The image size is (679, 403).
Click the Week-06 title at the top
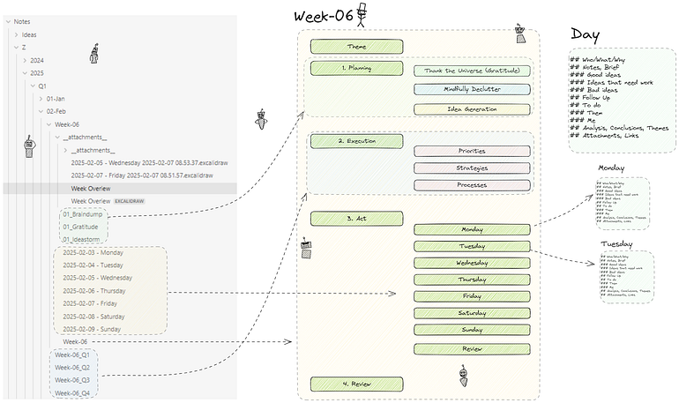[324, 18]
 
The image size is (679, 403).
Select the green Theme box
[356, 46]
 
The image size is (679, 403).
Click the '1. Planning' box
[356, 69]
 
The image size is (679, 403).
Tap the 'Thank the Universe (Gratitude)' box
[472, 71]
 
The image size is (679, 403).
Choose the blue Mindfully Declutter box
[472, 89]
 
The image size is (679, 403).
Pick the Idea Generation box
[472, 109]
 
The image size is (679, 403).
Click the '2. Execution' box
[356, 141]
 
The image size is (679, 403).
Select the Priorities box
[472, 151]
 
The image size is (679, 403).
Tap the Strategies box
[472, 168]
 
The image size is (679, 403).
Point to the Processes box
[472, 185]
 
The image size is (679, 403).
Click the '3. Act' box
[356, 218]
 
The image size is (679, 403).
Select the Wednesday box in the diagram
[472, 263]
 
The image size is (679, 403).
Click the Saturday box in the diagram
[472, 313]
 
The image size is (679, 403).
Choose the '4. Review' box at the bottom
[356, 384]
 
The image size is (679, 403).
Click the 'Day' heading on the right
[586, 34]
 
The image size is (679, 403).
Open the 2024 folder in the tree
[37, 60]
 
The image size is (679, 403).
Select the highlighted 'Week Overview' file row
[91, 188]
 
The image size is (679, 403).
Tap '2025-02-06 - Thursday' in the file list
[93, 291]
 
